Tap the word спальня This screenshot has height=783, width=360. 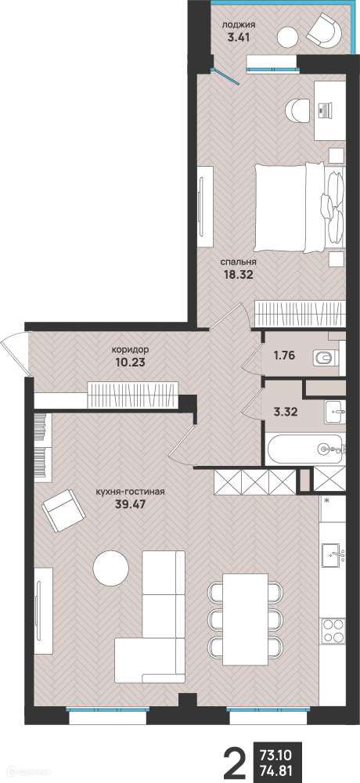click(239, 262)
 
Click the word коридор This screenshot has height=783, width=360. click(131, 351)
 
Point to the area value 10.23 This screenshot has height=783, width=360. click(130, 363)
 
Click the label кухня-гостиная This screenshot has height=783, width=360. click(129, 492)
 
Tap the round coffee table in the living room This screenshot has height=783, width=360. click(111, 568)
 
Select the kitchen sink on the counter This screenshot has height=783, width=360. click(333, 554)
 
